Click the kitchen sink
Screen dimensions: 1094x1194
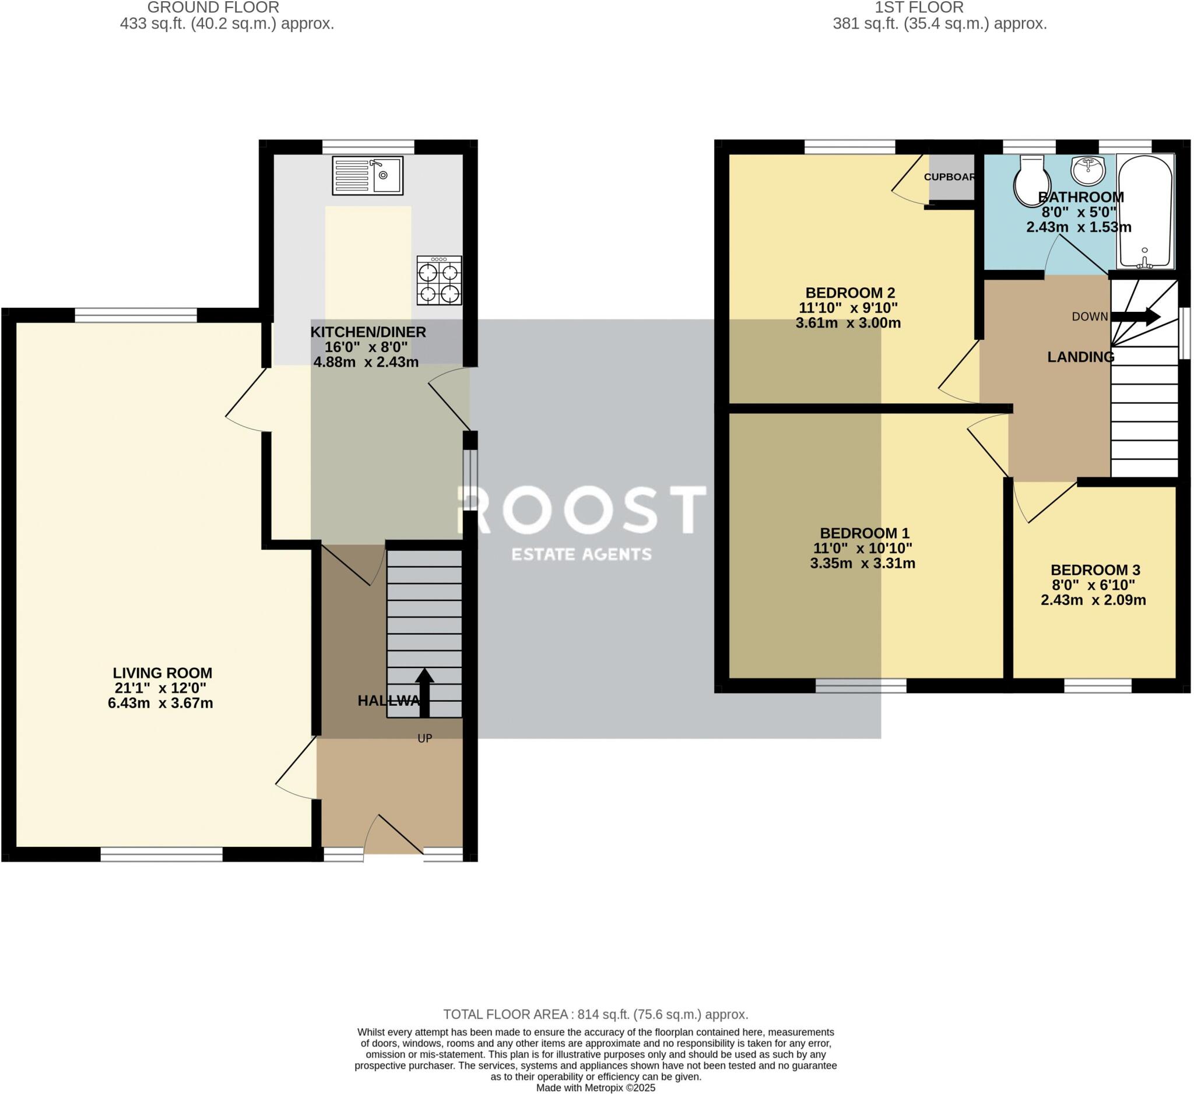point(368,175)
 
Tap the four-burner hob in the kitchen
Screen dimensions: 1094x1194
point(439,281)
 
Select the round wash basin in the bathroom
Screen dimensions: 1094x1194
point(1088,171)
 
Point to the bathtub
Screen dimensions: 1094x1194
point(1145,210)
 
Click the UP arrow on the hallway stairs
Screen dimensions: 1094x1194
point(424,691)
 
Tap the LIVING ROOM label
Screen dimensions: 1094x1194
point(162,673)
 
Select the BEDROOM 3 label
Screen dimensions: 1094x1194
point(1095,570)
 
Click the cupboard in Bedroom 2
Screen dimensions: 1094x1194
point(951,177)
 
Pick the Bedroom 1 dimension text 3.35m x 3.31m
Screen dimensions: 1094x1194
point(862,564)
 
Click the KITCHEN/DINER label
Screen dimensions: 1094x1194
point(368,332)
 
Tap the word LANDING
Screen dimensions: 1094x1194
point(1080,357)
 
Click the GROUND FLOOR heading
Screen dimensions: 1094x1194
point(213,8)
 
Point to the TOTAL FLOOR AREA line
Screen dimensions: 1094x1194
point(596,1015)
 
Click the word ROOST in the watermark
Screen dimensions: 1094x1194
point(582,510)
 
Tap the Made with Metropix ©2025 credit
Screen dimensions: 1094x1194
point(596,1088)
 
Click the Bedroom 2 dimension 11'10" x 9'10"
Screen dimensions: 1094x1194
point(848,308)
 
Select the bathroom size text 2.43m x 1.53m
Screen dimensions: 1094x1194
point(1079,227)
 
